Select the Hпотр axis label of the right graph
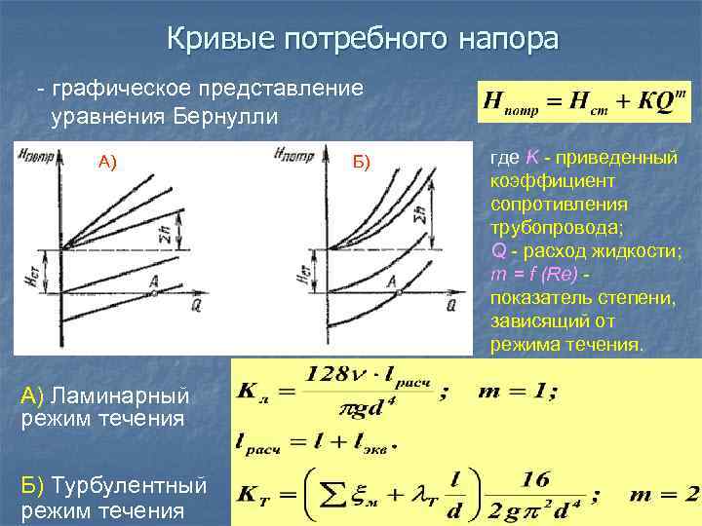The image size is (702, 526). click(x=291, y=153)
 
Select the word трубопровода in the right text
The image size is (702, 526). click(x=547, y=228)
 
